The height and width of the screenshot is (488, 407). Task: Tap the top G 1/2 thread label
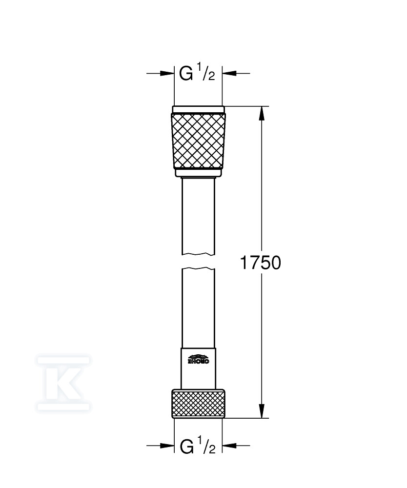coord(197,74)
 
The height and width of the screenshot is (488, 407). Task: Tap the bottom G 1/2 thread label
coord(198,446)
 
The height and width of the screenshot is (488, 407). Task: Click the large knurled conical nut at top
coord(198,142)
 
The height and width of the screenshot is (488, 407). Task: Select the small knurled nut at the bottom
coord(198,403)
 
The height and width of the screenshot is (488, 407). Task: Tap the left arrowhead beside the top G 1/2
coord(167,74)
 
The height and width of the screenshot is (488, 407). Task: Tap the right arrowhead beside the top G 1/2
coord(229,74)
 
